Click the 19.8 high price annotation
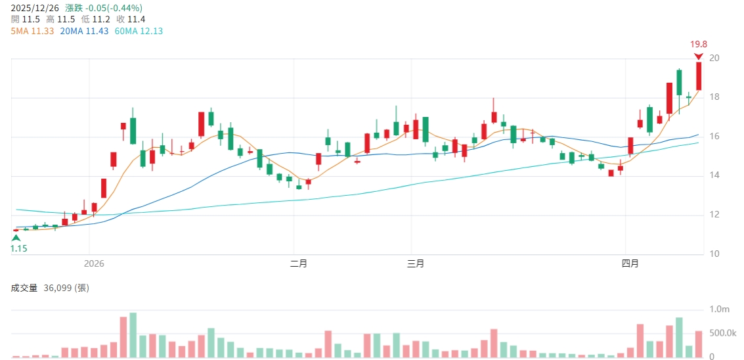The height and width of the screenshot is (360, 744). point(698,45)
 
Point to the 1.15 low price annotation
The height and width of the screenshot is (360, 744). point(18,249)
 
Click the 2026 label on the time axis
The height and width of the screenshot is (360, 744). point(94,264)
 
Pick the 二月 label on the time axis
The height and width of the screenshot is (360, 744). point(299,264)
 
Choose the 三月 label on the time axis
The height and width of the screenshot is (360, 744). point(415,264)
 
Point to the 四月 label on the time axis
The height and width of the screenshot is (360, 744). point(630,264)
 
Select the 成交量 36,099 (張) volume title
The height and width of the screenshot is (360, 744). point(49,288)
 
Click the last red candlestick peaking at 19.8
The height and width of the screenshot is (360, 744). point(699,76)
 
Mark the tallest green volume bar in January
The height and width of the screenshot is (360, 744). point(133,335)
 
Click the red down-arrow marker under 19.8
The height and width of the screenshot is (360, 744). point(699,56)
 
